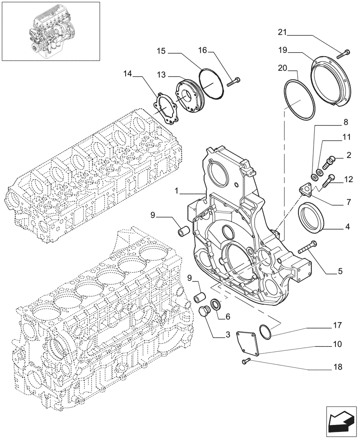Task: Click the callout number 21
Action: (x=283, y=32)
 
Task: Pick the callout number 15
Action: (x=161, y=52)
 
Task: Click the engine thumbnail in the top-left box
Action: (x=50, y=31)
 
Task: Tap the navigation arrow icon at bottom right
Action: (x=340, y=421)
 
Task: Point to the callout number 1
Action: (x=176, y=191)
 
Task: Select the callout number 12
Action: (x=348, y=179)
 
